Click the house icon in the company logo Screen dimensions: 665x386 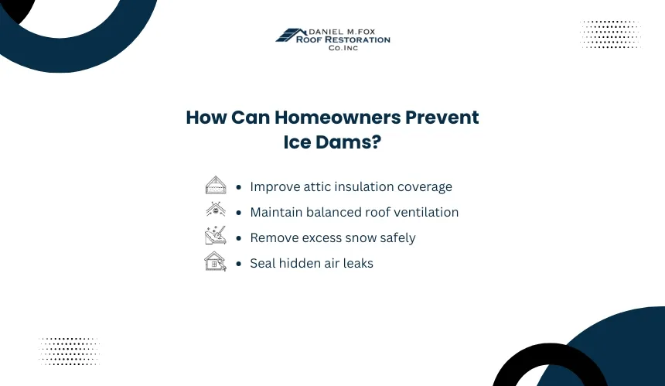(292, 36)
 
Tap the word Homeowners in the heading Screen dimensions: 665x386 (337, 118)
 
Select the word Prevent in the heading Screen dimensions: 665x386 (442, 118)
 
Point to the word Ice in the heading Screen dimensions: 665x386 (297, 142)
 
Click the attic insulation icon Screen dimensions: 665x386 (216, 185)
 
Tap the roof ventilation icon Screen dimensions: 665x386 (216, 210)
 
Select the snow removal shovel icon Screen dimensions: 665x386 (216, 235)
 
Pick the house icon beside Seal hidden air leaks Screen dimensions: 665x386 (216, 261)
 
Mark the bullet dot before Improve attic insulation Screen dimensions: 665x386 (239, 187)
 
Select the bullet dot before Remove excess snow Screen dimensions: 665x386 (239, 238)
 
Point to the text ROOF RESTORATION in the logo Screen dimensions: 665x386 (343, 40)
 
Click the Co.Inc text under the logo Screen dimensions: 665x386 (343, 48)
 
